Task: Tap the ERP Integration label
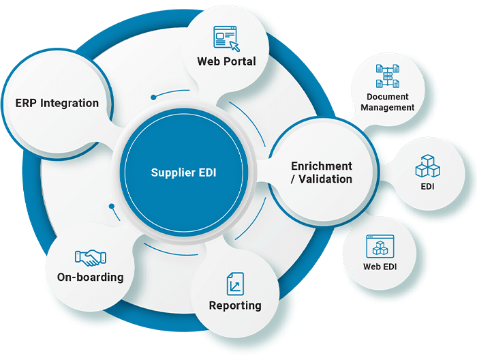(57, 104)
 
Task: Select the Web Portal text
(226, 61)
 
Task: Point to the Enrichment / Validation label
(322, 172)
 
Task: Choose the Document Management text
(387, 102)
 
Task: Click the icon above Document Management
(387, 76)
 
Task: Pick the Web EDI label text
(380, 267)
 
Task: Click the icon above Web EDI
(380, 245)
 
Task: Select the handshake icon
(91, 258)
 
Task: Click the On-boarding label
(91, 277)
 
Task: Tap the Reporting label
(235, 305)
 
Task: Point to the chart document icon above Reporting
(235, 283)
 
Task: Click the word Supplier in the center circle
(169, 172)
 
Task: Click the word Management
(387, 108)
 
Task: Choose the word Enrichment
(322, 166)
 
